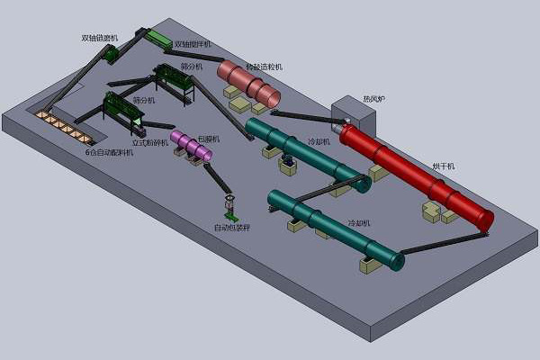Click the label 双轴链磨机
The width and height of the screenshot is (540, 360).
(98, 38)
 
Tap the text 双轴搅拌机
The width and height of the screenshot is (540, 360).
(193, 44)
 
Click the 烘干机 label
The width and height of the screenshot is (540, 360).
(444, 166)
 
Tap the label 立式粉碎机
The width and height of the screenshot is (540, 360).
(150, 143)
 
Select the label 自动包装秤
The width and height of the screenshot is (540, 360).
(232, 229)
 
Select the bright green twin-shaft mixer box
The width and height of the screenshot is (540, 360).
(159, 40)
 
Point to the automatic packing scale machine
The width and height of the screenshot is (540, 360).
(230, 208)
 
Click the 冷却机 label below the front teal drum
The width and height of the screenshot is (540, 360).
(358, 222)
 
